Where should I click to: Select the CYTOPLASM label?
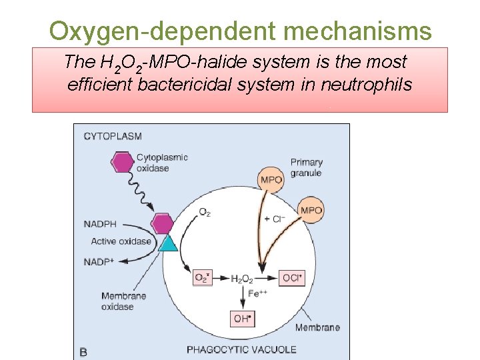click(x=113, y=137)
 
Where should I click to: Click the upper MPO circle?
click(x=271, y=179)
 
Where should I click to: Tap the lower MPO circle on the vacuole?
click(x=311, y=211)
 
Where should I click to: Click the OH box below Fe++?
click(x=243, y=319)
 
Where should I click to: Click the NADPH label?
click(x=100, y=224)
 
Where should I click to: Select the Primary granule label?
click(x=306, y=167)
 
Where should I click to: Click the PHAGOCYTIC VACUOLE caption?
click(x=241, y=349)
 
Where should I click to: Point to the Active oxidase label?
click(x=121, y=241)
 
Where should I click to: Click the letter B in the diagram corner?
click(x=83, y=351)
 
